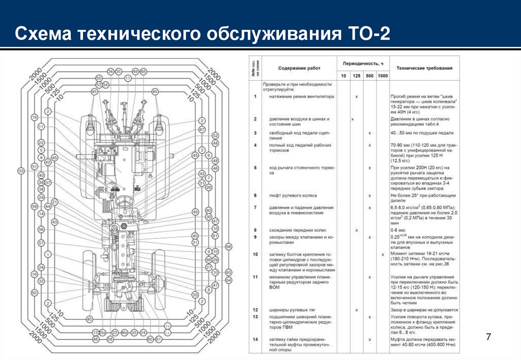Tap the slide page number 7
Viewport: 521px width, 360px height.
(x=489, y=337)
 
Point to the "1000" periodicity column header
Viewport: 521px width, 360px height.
(x=382, y=76)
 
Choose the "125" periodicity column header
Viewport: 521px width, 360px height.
(x=357, y=76)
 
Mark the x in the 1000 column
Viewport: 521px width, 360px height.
(x=382, y=254)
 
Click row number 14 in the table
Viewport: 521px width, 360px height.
(x=255, y=339)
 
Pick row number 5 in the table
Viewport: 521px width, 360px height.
(x=255, y=167)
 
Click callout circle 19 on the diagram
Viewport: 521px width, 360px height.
(x=35, y=117)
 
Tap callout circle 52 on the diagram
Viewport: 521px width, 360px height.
(x=215, y=136)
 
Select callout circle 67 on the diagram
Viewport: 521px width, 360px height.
(x=202, y=129)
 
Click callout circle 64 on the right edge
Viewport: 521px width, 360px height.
(x=228, y=280)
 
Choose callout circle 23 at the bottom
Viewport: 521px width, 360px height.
(x=115, y=333)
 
